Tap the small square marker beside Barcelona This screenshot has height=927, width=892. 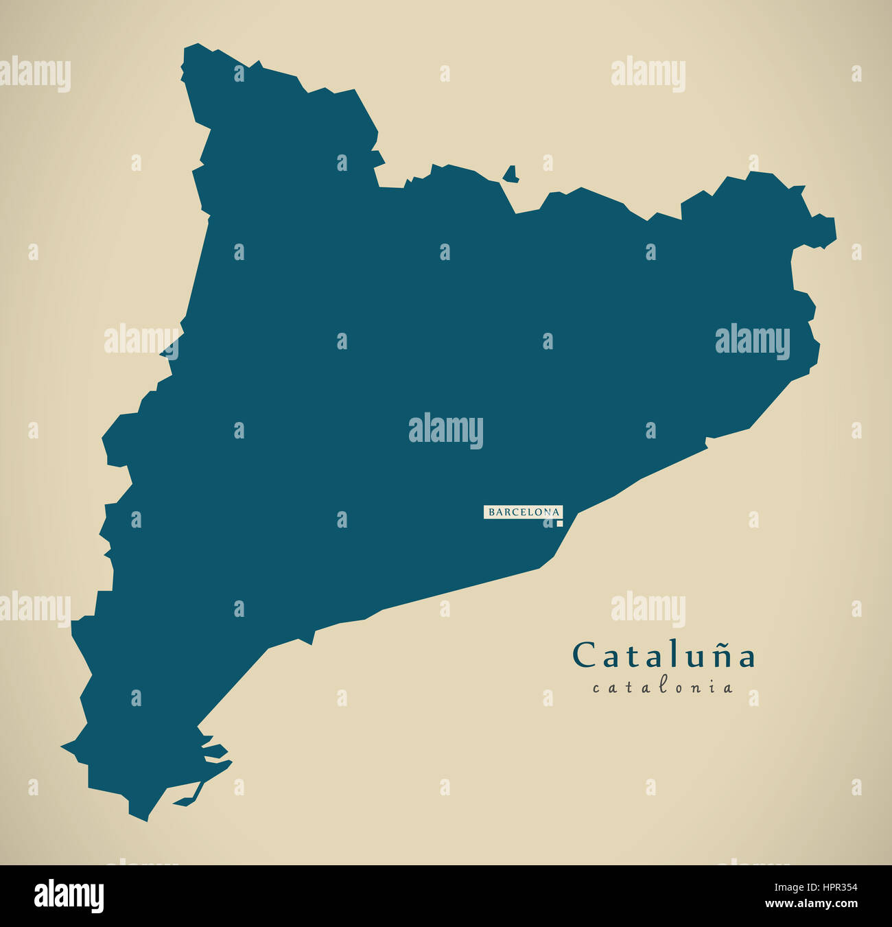[x=559, y=524]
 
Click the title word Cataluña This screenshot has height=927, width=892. [x=664, y=655]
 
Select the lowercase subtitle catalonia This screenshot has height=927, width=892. [x=663, y=687]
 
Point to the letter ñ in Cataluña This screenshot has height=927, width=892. [x=723, y=656]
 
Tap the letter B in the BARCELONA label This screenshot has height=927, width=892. [x=491, y=512]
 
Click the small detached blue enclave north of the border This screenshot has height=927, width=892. [x=510, y=175]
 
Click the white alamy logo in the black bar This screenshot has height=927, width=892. [x=69, y=896]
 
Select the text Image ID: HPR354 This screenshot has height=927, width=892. [x=810, y=887]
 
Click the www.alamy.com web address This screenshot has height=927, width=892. [x=812, y=904]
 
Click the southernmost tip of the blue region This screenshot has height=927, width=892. [x=145, y=820]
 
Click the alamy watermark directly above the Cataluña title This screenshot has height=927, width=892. [x=648, y=609]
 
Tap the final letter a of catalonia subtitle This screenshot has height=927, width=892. [x=727, y=688]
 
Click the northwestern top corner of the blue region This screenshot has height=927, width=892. [x=195, y=45]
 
